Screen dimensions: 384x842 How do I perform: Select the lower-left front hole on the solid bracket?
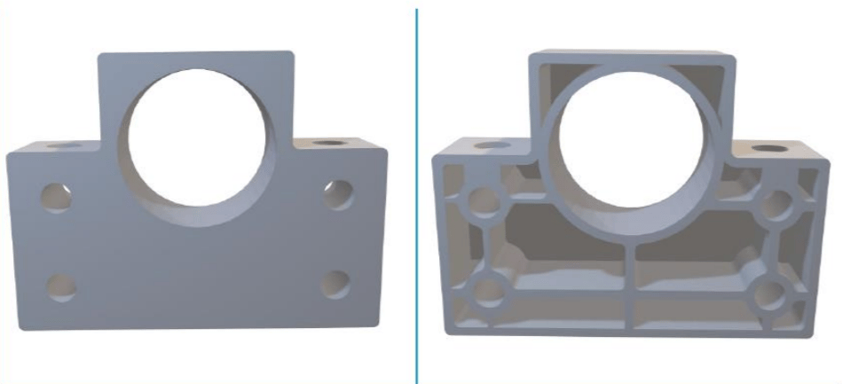60,286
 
